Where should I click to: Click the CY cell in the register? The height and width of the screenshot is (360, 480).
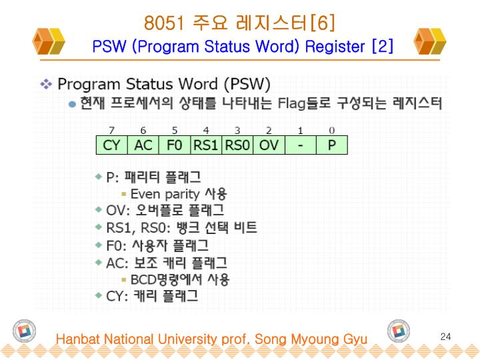coord(111,145)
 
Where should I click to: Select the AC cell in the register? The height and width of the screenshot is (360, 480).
coord(143,145)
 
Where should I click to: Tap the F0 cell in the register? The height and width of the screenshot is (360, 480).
coord(175,145)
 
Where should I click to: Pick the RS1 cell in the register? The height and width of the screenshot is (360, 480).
coord(206,145)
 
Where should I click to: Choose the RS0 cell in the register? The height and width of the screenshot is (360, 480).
coord(237,145)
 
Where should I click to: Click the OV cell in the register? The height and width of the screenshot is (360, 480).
coord(269,145)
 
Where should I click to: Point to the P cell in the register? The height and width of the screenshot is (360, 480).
coord(331,145)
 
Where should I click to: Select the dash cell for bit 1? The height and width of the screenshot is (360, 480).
coord(300,145)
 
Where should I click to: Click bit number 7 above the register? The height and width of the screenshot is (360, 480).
coord(112,130)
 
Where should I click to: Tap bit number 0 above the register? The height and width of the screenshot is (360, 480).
coord(332,130)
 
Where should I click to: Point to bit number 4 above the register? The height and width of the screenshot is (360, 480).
coord(206,130)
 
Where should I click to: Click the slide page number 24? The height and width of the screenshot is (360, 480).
coord(446,337)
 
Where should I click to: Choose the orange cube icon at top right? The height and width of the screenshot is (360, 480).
coord(429,41)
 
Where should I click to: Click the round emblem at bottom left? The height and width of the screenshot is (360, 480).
coord(24,331)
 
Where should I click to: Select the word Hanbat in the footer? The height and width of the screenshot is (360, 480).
coord(77,339)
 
